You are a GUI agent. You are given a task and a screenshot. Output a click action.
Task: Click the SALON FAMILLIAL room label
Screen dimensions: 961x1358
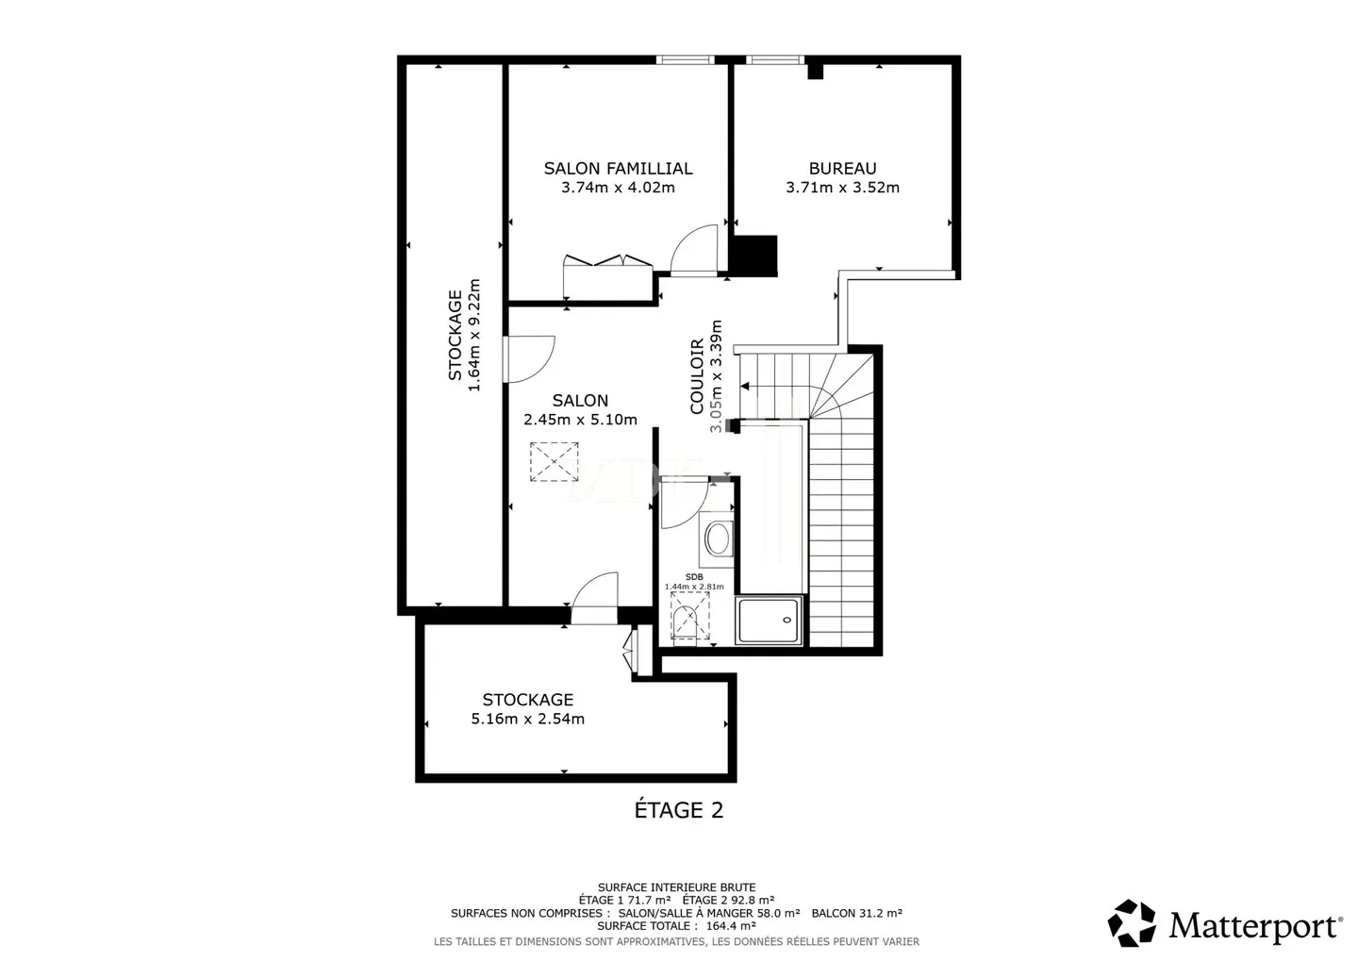[618, 169]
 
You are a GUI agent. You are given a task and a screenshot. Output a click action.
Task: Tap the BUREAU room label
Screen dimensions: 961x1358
[842, 169]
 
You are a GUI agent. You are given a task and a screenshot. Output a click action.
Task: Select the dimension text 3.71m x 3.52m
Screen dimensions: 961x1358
[842, 188]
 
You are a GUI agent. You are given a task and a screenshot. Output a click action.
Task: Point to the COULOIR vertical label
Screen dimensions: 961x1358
[697, 376]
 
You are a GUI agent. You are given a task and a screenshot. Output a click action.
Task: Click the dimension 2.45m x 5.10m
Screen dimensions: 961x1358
[580, 420]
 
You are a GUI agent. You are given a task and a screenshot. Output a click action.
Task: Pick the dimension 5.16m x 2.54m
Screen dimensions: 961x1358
[527, 719]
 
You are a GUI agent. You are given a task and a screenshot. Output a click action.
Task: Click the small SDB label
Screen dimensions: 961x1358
[694, 577]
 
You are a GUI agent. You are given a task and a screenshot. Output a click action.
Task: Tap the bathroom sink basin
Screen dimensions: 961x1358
[718, 540]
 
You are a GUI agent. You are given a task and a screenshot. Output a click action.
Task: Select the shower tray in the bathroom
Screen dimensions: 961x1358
[770, 621]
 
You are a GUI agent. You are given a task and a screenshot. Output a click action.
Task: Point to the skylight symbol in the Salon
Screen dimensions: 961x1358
[554, 462]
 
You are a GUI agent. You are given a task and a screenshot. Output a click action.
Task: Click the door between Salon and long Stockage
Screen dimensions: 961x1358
[528, 358]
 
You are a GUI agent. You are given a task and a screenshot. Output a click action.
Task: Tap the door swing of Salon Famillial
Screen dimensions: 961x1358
[695, 250]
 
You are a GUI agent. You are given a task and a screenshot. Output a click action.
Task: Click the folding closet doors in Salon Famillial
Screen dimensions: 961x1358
[607, 261]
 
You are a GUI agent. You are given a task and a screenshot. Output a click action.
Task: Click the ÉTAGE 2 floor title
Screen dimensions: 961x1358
[678, 810]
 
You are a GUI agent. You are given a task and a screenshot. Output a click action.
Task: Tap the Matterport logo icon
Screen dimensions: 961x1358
[1132, 923]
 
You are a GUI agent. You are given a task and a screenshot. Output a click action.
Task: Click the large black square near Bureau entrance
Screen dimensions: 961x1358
[754, 256]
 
